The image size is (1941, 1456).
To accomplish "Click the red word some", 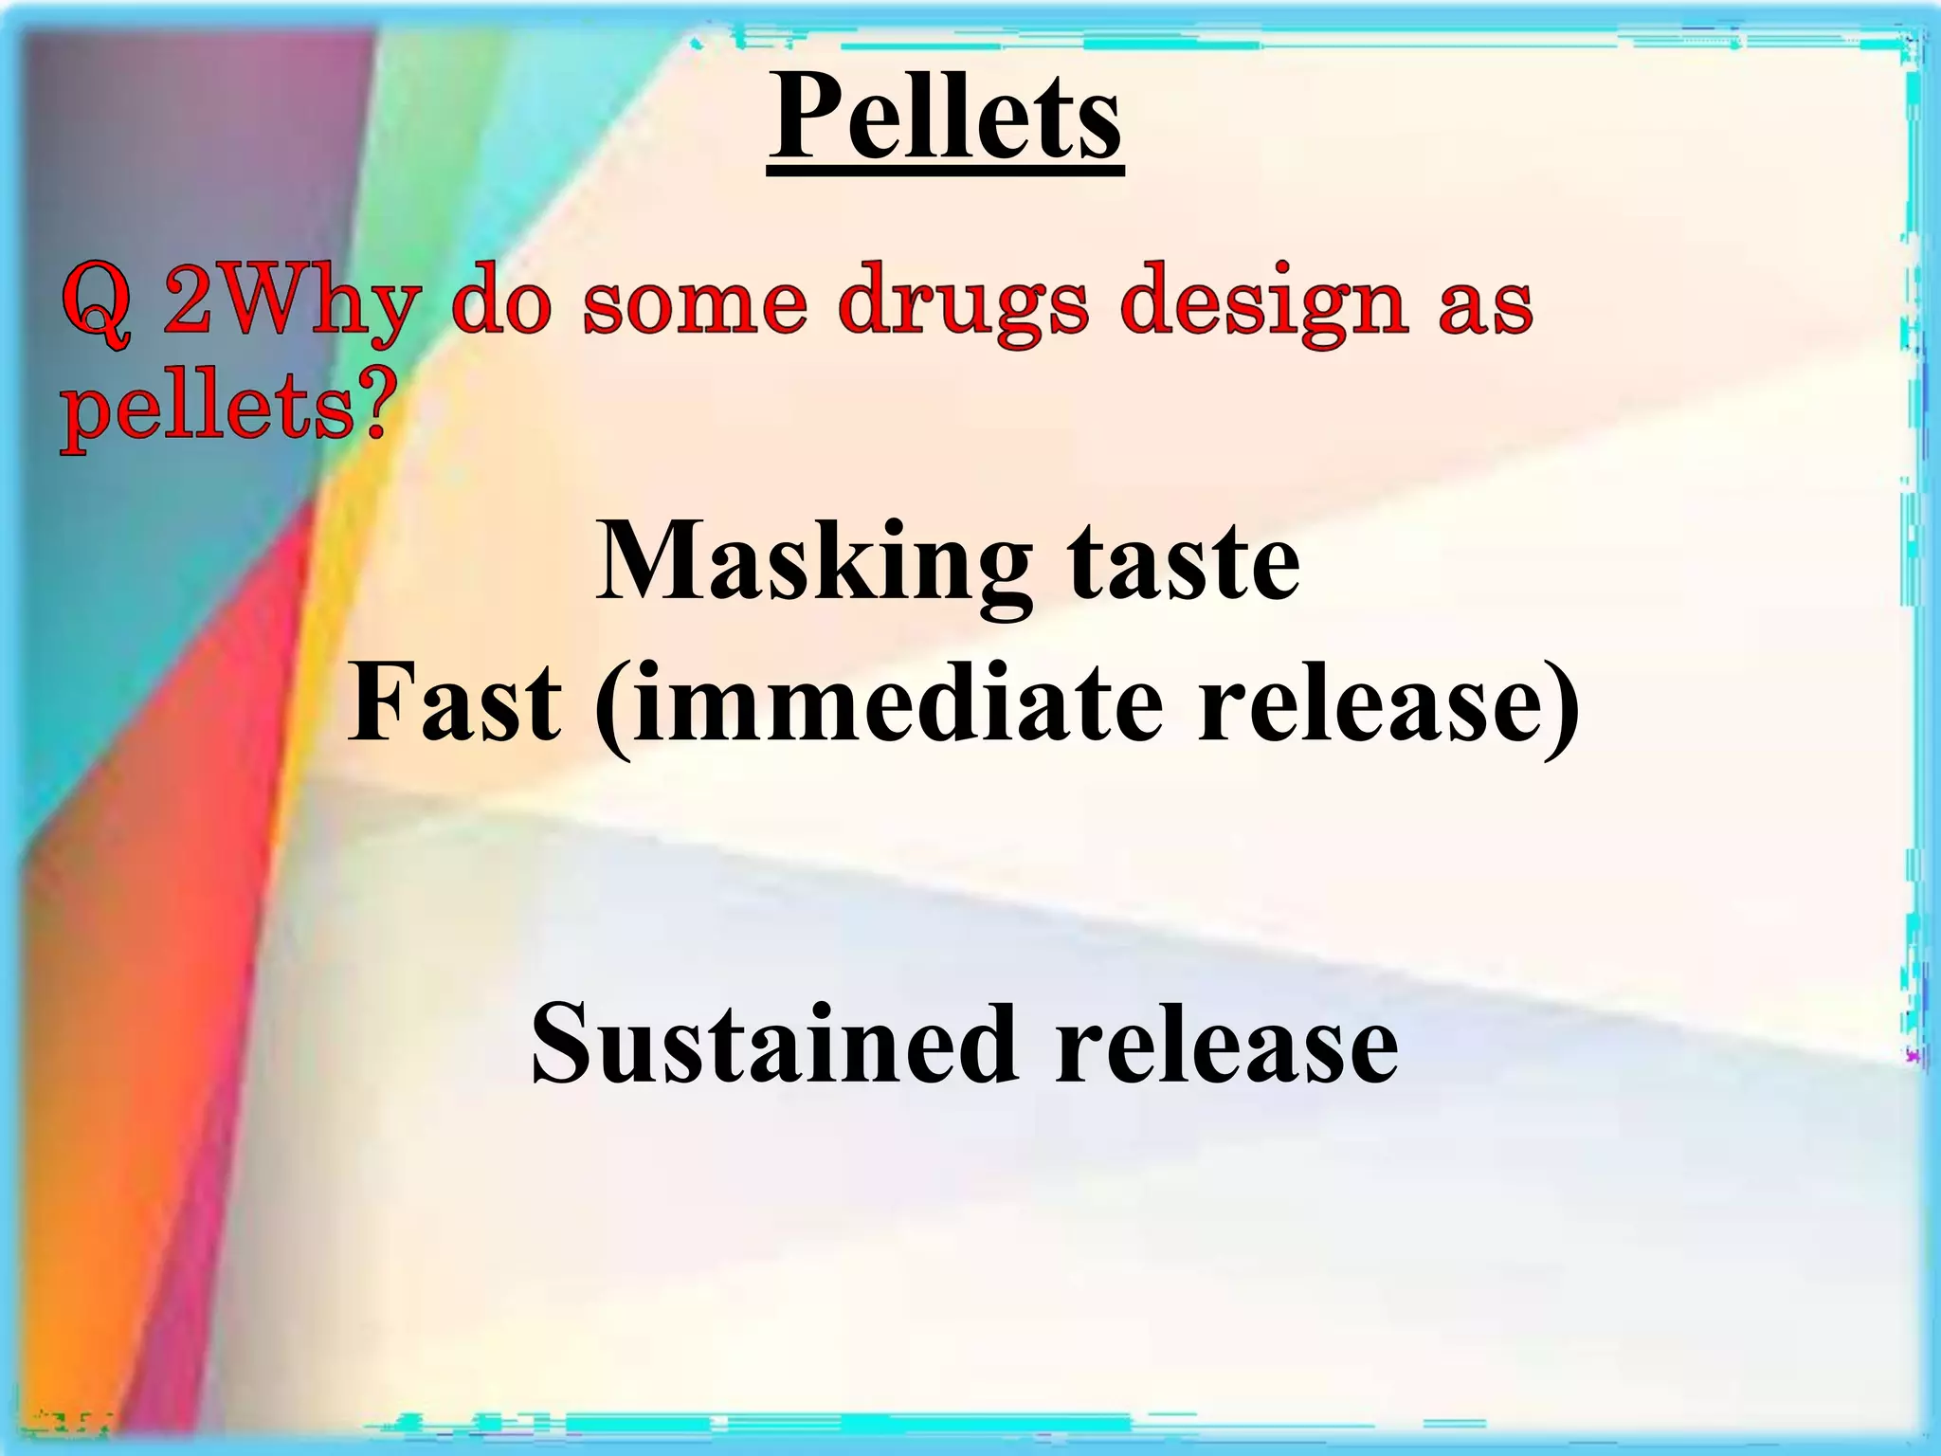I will tap(695, 305).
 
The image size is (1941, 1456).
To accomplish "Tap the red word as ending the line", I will tap(1485, 305).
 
